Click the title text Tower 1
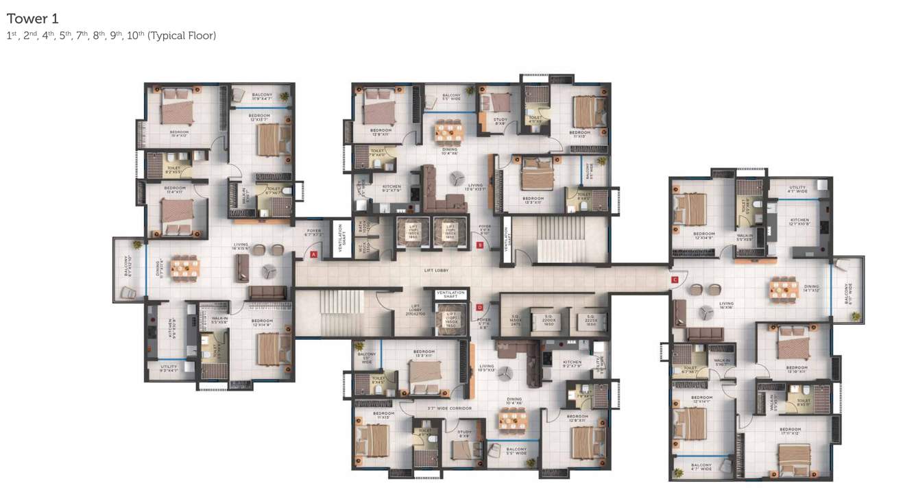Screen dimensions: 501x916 click(32, 19)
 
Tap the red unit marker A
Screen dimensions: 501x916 click(313, 254)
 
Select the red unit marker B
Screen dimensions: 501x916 click(480, 244)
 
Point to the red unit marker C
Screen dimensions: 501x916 click(675, 279)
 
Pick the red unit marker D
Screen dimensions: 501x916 click(479, 308)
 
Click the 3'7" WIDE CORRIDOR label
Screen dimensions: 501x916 click(450, 408)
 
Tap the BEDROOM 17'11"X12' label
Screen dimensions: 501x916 click(799, 432)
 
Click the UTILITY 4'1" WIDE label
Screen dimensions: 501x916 click(797, 189)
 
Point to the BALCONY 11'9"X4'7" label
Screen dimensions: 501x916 click(261, 97)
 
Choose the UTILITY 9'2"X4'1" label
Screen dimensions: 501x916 click(169, 369)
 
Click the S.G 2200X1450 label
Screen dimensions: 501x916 click(549, 321)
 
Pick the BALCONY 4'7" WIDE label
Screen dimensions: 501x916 click(701, 467)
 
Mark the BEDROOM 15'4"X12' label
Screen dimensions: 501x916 click(179, 134)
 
